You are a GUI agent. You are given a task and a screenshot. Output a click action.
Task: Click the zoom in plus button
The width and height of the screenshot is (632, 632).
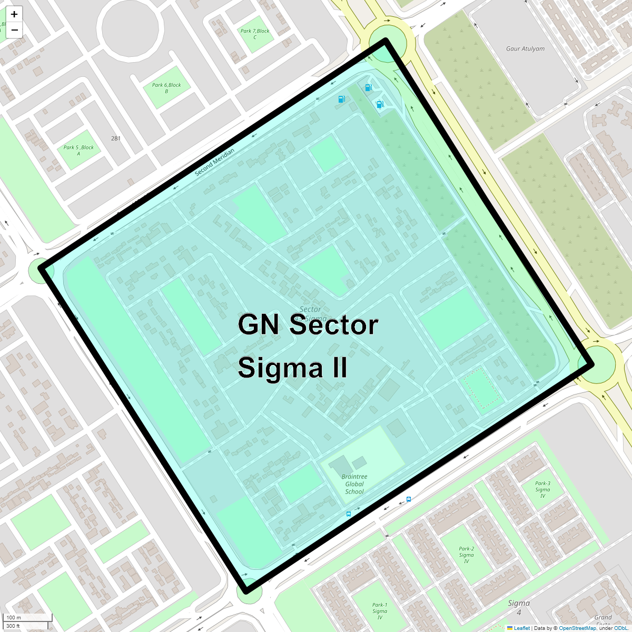click(14, 14)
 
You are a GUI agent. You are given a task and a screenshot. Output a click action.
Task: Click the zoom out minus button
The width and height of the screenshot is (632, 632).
click(14, 30)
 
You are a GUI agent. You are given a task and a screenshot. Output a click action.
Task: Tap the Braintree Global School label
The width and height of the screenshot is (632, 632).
click(354, 484)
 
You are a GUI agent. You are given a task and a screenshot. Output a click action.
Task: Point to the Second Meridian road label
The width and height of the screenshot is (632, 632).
click(214, 162)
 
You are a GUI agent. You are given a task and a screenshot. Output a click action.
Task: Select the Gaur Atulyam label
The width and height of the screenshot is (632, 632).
click(525, 49)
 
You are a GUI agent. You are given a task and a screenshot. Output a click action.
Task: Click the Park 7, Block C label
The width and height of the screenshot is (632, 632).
click(255, 34)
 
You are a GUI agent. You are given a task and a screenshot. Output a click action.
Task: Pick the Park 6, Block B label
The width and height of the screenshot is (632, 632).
click(166, 88)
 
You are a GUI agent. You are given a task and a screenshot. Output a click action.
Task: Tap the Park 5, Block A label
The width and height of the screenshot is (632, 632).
click(78, 150)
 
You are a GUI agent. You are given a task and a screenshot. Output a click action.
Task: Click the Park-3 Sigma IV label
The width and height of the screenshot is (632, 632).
click(542, 489)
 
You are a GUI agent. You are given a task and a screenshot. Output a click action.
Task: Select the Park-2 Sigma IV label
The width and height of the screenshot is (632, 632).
click(466, 555)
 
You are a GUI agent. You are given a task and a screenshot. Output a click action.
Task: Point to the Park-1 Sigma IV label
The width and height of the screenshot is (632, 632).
click(380, 611)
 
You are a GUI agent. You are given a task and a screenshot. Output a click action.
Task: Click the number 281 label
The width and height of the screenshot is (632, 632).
click(116, 139)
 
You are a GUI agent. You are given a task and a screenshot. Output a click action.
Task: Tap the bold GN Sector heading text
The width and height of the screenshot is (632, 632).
click(308, 324)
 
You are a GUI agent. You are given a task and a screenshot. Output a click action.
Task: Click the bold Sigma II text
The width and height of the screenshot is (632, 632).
click(292, 367)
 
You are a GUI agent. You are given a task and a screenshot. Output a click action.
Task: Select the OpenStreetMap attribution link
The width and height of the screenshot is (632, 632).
click(577, 628)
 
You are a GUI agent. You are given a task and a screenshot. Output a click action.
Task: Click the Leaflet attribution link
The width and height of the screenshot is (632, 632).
click(521, 628)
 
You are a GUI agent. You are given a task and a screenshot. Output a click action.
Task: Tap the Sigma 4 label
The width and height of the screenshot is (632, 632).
click(519, 607)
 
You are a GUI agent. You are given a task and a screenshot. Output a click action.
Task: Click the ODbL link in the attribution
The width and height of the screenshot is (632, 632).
click(620, 628)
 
